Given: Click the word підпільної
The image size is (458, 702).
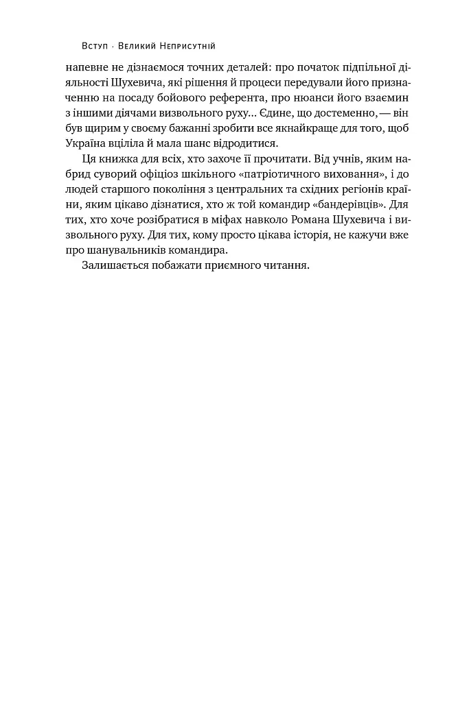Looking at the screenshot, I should [354, 68].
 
